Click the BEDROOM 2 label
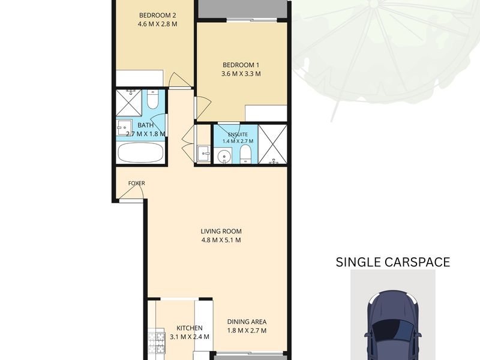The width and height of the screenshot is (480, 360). click(x=158, y=15)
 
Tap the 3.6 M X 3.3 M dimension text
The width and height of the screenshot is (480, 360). click(x=241, y=74)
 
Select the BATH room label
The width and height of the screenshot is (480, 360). click(x=145, y=125)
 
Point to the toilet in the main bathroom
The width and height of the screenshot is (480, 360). click(x=152, y=100)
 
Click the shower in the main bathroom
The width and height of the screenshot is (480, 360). click(x=129, y=103)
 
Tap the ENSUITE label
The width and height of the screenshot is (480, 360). click(x=238, y=134)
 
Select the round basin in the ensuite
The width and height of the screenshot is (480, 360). click(x=224, y=157)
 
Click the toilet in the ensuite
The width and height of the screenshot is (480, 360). click(x=246, y=154)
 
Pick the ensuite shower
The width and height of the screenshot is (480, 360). click(x=272, y=145)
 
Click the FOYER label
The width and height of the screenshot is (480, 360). click(x=137, y=183)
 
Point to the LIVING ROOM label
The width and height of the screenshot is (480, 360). click(x=221, y=231)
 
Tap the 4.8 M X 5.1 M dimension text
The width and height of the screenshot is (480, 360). click(x=221, y=240)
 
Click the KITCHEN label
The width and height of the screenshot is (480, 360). click(x=190, y=328)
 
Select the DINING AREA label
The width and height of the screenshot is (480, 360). click(x=247, y=322)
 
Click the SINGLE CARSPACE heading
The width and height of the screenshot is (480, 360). click(x=393, y=262)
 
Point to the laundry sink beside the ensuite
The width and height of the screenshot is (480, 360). click(x=203, y=153)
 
